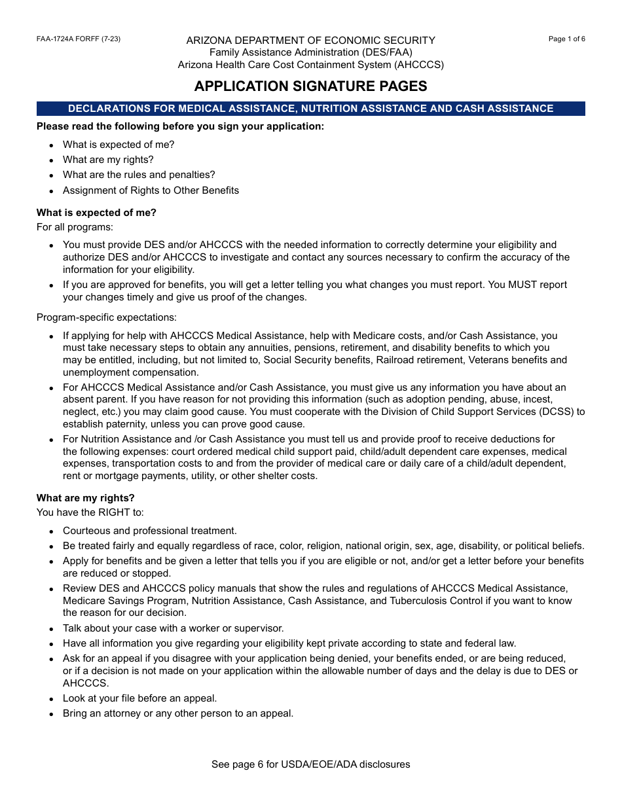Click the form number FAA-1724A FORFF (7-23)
click(79, 39)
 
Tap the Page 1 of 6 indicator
click(566, 39)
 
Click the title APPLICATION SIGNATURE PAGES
click(310, 86)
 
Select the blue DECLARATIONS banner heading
click(310, 109)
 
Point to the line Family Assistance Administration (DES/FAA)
click(310, 52)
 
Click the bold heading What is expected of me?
click(96, 213)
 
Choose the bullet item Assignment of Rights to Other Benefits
click(151, 190)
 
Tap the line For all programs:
click(75, 227)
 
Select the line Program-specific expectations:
click(106, 317)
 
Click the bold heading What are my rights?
click(85, 498)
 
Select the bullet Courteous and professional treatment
click(149, 531)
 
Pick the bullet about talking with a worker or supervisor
click(173, 628)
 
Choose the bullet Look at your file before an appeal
click(139, 698)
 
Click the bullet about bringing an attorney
click(177, 713)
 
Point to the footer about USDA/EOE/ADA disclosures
click(310, 764)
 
